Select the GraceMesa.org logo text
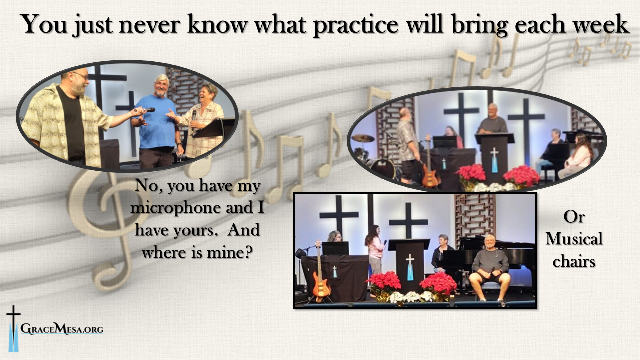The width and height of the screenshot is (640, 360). pyautogui.click(x=62, y=329)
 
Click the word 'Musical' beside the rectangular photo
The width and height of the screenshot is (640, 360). pyautogui.click(x=574, y=239)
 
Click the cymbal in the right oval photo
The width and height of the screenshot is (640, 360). pyautogui.click(x=363, y=138)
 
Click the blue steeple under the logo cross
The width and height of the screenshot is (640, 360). pyautogui.click(x=13, y=337)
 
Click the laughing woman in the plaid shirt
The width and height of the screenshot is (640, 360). pyautogui.click(x=202, y=120)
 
